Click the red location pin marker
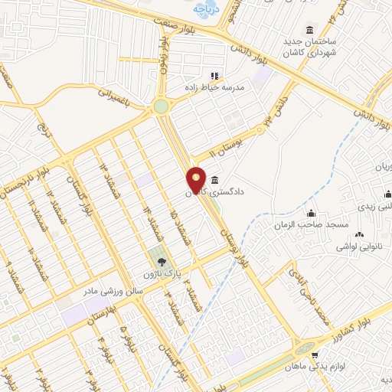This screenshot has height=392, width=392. pos(197,179)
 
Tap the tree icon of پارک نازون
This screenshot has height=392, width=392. pos(156,260)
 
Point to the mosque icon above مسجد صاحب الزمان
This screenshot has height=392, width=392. pos(311,214)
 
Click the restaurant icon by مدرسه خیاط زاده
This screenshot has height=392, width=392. pos(214,77)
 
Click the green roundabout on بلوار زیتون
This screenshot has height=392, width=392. pos(161,107)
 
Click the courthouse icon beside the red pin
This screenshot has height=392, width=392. pos(213,179)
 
